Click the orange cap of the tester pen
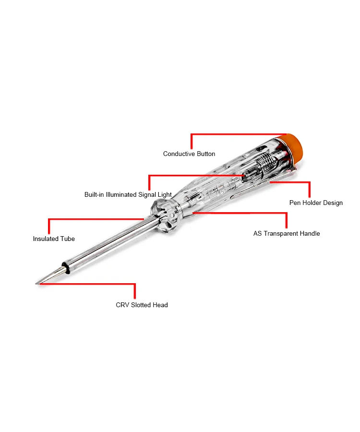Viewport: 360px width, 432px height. click(x=293, y=146)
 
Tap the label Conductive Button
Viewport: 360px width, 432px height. click(x=189, y=154)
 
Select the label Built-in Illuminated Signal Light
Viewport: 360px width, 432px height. click(x=128, y=195)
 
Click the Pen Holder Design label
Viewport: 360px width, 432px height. click(x=316, y=203)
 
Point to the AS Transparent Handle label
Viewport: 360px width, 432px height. click(x=287, y=234)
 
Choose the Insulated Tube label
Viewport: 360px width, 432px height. click(x=54, y=239)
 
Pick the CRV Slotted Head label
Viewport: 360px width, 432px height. click(x=142, y=305)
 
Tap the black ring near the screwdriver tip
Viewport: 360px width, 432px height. click(x=65, y=267)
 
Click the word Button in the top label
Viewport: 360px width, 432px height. click(x=205, y=154)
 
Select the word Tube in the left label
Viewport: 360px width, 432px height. click(x=67, y=239)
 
